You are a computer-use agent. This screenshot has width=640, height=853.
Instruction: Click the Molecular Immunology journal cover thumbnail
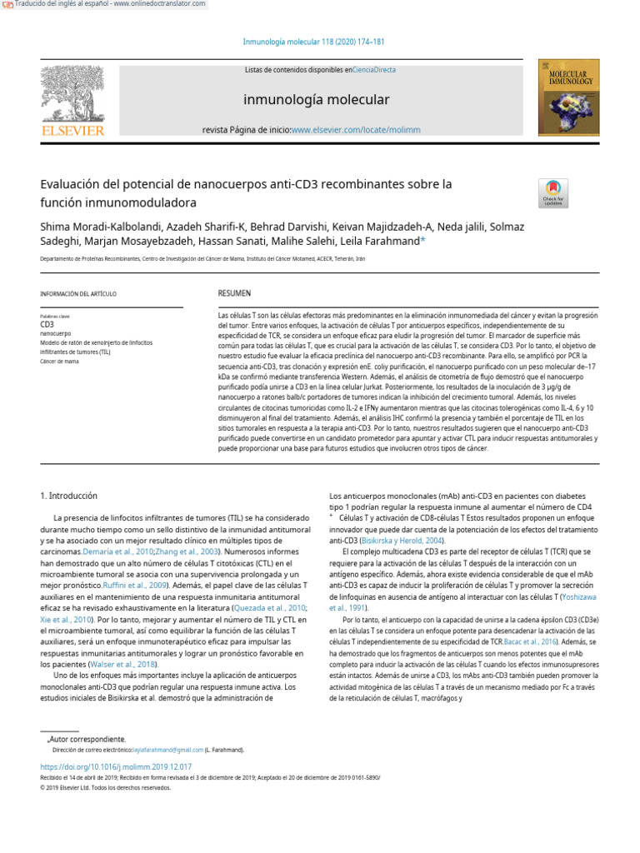click(x=568, y=97)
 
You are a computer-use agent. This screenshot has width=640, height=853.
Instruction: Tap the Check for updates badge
click(x=553, y=192)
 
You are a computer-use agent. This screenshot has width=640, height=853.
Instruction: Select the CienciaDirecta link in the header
click(x=374, y=71)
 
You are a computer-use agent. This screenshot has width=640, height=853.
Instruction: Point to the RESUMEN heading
click(x=234, y=293)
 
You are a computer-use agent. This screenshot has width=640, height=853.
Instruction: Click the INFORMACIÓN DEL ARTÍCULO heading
click(x=78, y=294)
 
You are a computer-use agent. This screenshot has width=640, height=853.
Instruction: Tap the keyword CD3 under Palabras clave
click(x=47, y=324)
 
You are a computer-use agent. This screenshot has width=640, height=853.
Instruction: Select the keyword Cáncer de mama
click(x=59, y=362)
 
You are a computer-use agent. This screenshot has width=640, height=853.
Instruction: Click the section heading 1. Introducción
click(x=69, y=495)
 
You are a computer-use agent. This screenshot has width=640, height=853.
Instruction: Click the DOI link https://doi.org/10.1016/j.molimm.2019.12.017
click(x=116, y=766)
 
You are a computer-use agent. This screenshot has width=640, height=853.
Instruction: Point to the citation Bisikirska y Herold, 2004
click(x=385, y=540)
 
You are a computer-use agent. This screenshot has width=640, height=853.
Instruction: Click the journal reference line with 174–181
click(x=313, y=42)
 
